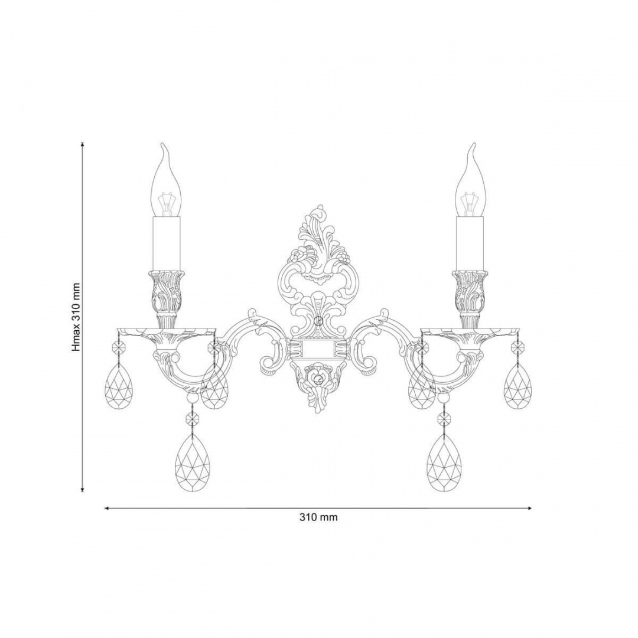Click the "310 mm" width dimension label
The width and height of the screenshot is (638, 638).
click(x=318, y=517)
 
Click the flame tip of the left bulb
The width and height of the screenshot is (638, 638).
click(x=163, y=144)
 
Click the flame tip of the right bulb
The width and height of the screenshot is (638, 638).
click(x=474, y=144)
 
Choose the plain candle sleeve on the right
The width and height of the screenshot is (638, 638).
click(x=471, y=244)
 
